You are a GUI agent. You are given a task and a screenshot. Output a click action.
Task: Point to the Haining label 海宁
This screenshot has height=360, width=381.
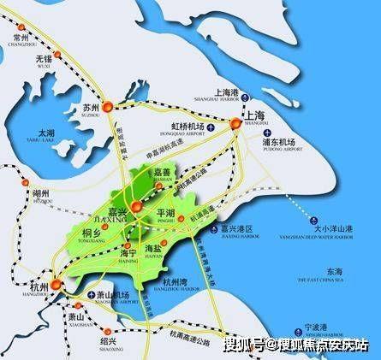click(128, 254)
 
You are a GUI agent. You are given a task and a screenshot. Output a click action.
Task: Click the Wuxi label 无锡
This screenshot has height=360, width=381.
click(44, 61)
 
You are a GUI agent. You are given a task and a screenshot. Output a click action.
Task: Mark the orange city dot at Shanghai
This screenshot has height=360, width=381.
click(234, 124)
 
